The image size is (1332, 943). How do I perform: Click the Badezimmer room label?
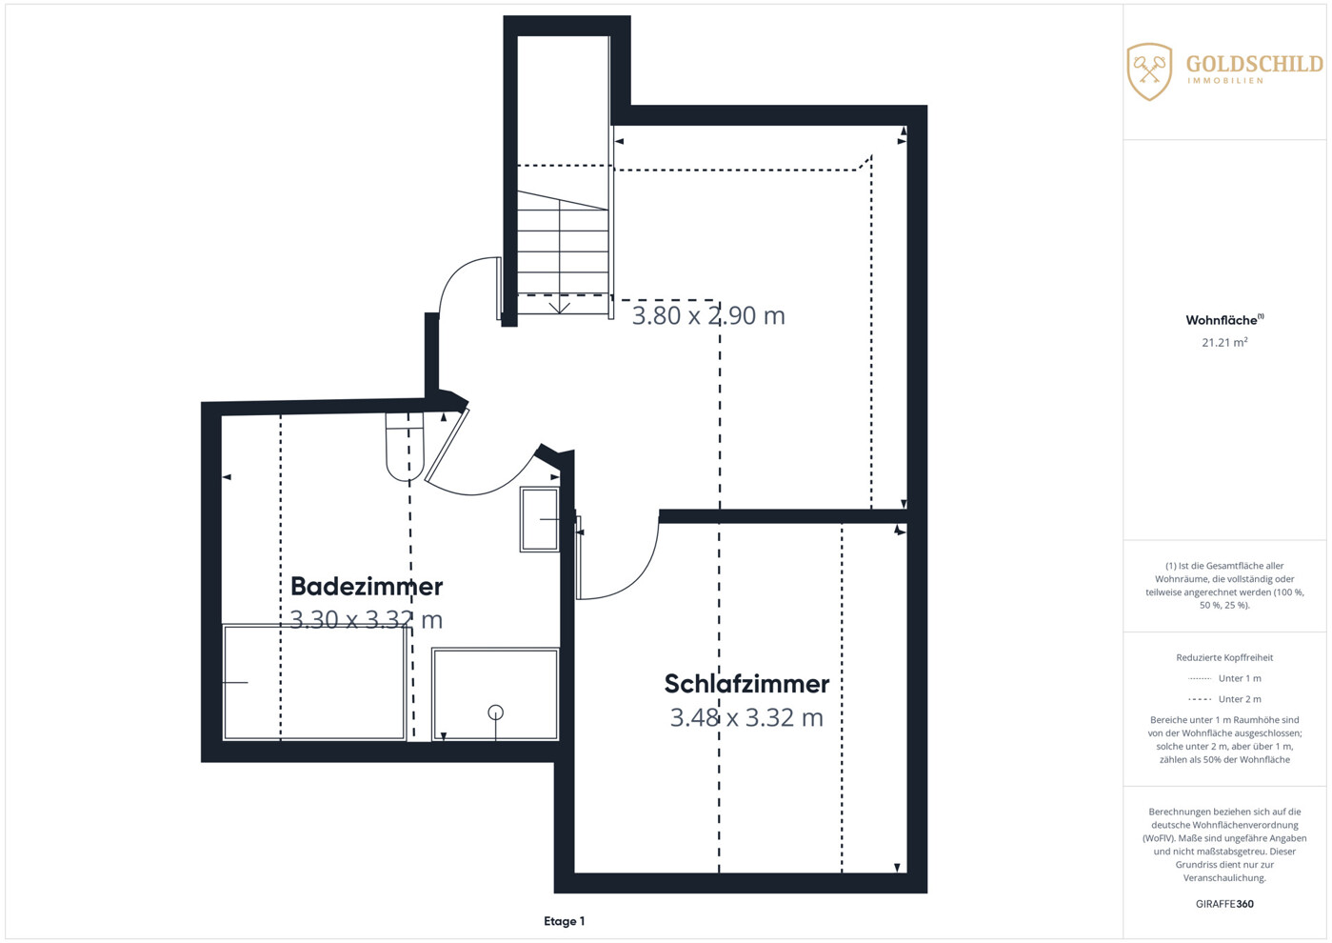(x=367, y=587)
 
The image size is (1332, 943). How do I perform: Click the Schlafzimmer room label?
(x=746, y=684)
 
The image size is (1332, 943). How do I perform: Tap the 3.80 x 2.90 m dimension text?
(x=708, y=316)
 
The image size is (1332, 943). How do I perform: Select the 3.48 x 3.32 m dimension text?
(x=746, y=718)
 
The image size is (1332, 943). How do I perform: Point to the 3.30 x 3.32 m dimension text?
(x=367, y=620)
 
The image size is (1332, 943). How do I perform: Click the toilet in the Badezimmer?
(x=405, y=447)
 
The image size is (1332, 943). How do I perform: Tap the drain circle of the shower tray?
(x=495, y=712)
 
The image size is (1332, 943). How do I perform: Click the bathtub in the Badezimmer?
(x=314, y=682)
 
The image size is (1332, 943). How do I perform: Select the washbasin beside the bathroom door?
(x=539, y=519)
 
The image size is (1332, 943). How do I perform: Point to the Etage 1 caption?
(x=565, y=922)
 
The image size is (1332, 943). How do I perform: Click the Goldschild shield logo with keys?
(x=1149, y=71)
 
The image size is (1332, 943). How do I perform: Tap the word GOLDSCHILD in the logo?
(x=1255, y=64)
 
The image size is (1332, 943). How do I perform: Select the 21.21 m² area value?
(x=1224, y=342)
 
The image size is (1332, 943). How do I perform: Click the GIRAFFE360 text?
(x=1224, y=904)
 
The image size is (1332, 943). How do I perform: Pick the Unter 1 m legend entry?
(x=1224, y=678)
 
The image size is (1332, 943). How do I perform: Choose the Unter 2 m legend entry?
(x=1224, y=699)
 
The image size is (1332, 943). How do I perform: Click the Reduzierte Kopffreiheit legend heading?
(x=1224, y=657)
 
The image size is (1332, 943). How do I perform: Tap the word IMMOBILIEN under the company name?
(x=1225, y=81)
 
